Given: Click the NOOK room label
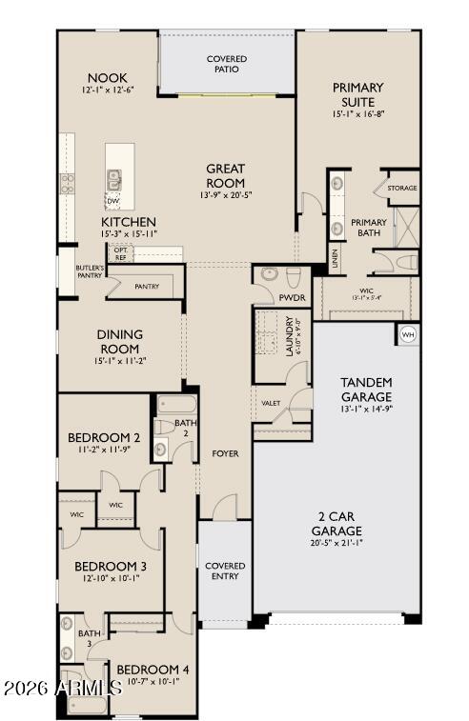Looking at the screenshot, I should coord(107,78).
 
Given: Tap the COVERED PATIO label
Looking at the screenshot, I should coord(227,65).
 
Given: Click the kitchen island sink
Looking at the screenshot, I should coord(115,178).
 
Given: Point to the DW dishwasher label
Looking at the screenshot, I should coord(112,201).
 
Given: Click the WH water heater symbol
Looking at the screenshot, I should coord(408,334).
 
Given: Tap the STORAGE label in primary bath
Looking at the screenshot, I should coord(401,189).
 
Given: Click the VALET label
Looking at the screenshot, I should coord(271,403).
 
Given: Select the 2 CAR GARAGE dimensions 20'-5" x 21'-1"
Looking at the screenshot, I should coord(336,544).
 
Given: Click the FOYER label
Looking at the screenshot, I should coord(225,453).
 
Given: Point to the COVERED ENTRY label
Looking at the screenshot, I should coord(225,571).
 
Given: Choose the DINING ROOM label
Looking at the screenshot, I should coord(119,341).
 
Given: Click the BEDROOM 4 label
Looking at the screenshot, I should coord(153,670).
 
